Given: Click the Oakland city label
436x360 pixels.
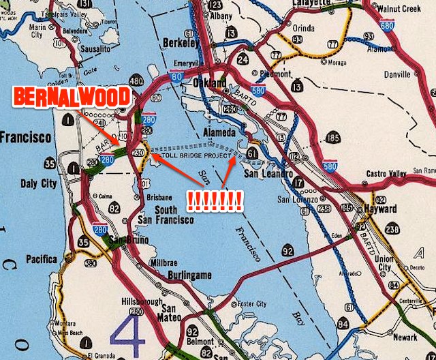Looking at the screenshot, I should [x=211, y=83].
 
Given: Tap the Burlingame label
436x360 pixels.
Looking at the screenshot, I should [x=189, y=275].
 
